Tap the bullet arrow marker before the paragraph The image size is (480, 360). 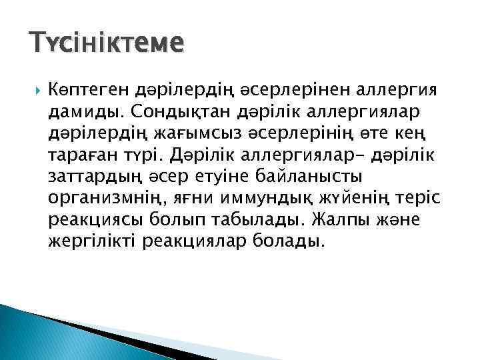[x=35, y=89]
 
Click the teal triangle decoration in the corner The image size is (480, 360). [x=40, y=333]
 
